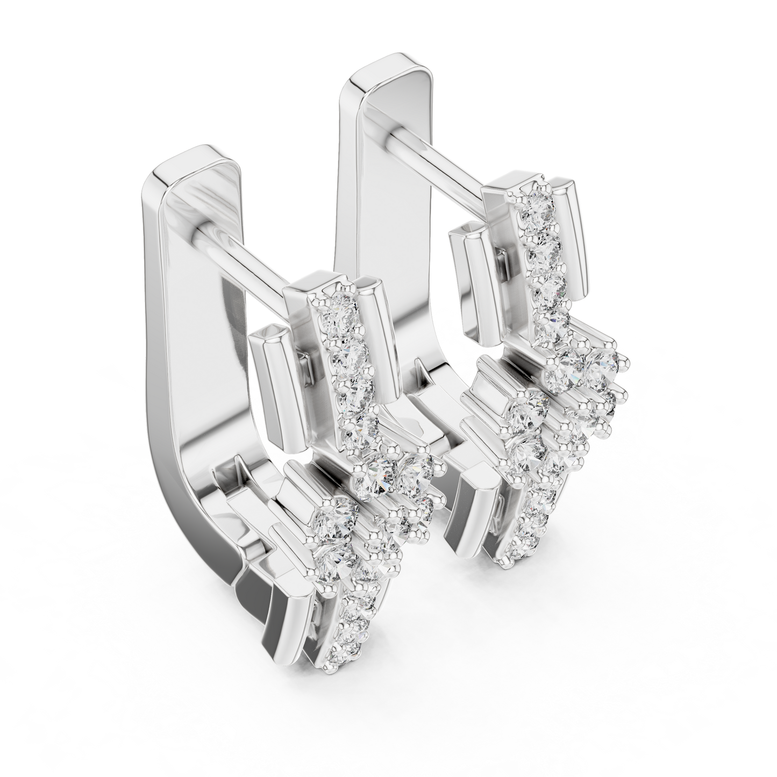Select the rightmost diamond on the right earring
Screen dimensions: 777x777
click(603, 368)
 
